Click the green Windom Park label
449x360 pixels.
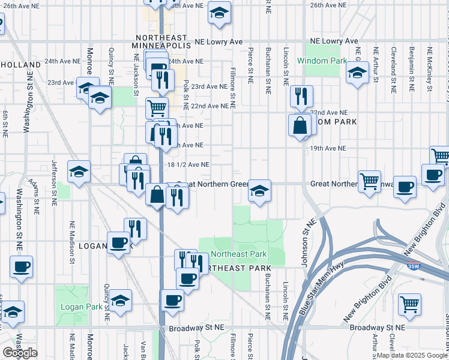321,61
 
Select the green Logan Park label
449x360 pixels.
82,307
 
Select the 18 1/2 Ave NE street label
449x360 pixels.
188,164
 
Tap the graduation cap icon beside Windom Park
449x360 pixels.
357,74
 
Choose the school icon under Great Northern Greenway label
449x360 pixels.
259,191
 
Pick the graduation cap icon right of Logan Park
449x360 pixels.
120,301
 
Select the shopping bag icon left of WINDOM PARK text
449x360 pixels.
299,125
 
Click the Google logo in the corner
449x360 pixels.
20,353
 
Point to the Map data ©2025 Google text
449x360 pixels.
412,355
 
